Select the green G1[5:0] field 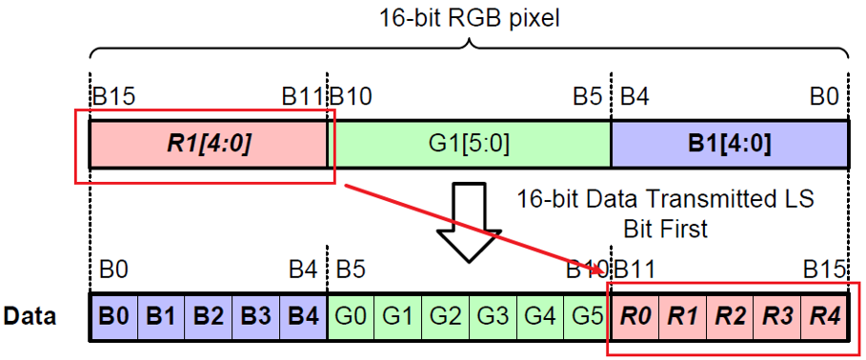[468, 145]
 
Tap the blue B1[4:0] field [728, 145]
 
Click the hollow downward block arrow [468, 221]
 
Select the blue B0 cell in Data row [113, 316]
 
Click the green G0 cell [352, 316]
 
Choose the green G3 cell [492, 316]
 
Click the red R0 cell [634, 316]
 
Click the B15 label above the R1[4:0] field [112, 97]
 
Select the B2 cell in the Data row [209, 316]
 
